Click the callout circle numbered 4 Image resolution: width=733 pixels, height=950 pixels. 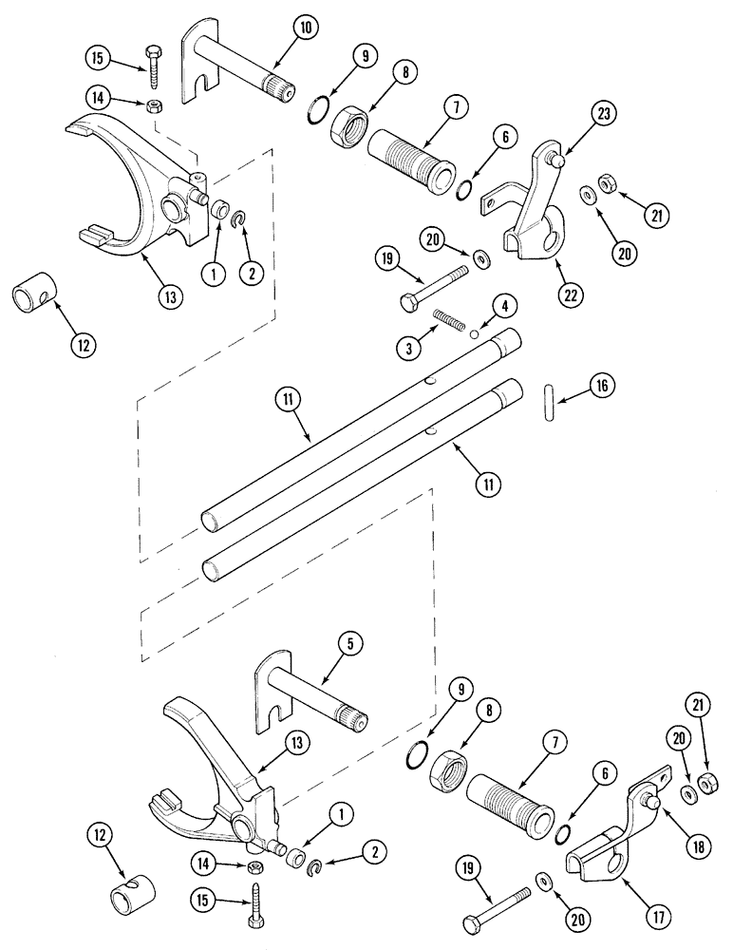pos(505,305)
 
